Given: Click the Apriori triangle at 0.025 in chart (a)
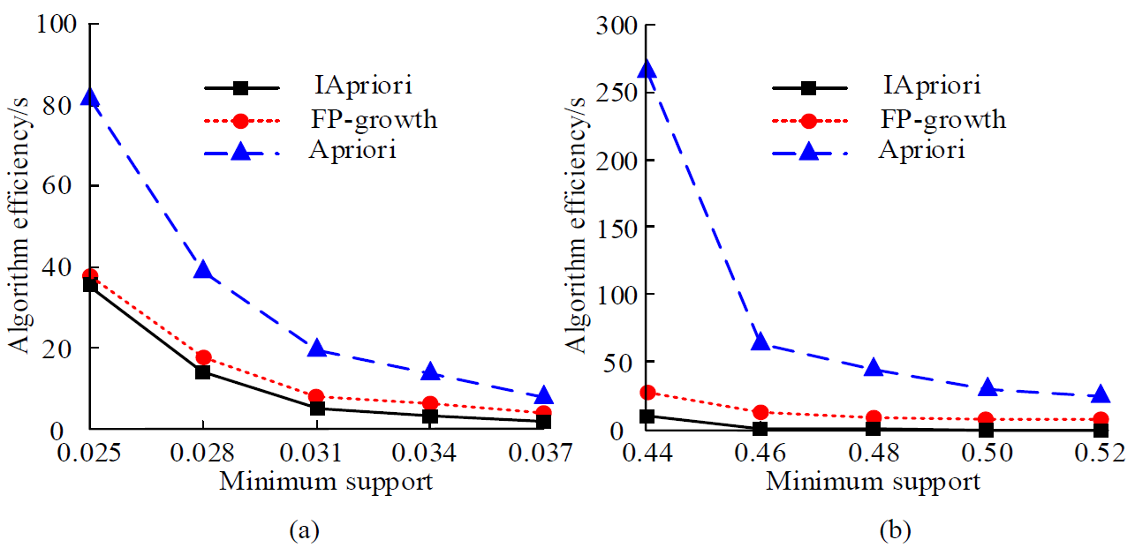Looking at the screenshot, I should click(89, 96).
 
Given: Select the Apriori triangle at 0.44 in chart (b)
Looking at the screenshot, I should click(647, 70).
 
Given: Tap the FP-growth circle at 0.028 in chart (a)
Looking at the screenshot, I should click(203, 357).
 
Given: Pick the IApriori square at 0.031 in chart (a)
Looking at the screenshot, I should click(316, 409).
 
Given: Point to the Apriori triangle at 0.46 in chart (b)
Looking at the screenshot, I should click(760, 341).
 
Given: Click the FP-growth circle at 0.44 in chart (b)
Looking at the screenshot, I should click(647, 393).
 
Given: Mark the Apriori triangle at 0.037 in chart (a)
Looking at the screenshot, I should click(543, 395).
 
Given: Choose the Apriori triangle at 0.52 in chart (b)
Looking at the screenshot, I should click(1100, 394).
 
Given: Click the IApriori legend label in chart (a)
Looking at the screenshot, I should click(363, 86).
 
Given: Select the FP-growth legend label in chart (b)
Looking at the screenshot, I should click(942, 118).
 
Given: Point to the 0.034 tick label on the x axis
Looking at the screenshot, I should click(430, 454).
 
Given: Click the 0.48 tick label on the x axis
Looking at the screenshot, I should click(874, 454).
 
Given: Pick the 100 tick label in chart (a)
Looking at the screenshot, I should click(56, 25).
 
